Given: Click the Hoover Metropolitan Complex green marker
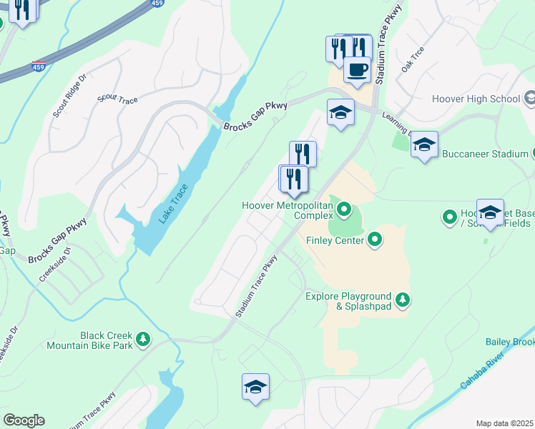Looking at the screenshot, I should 345,210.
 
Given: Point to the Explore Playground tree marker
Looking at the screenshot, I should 403,300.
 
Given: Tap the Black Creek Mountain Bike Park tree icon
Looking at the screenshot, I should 143,338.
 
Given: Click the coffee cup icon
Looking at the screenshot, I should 357,69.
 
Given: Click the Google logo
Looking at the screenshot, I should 24,420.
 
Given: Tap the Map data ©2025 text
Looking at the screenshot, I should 504,423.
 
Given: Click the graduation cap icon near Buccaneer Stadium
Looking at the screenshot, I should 424,144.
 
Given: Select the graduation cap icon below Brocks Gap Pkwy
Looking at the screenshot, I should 340,112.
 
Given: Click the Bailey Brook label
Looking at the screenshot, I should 509,342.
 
